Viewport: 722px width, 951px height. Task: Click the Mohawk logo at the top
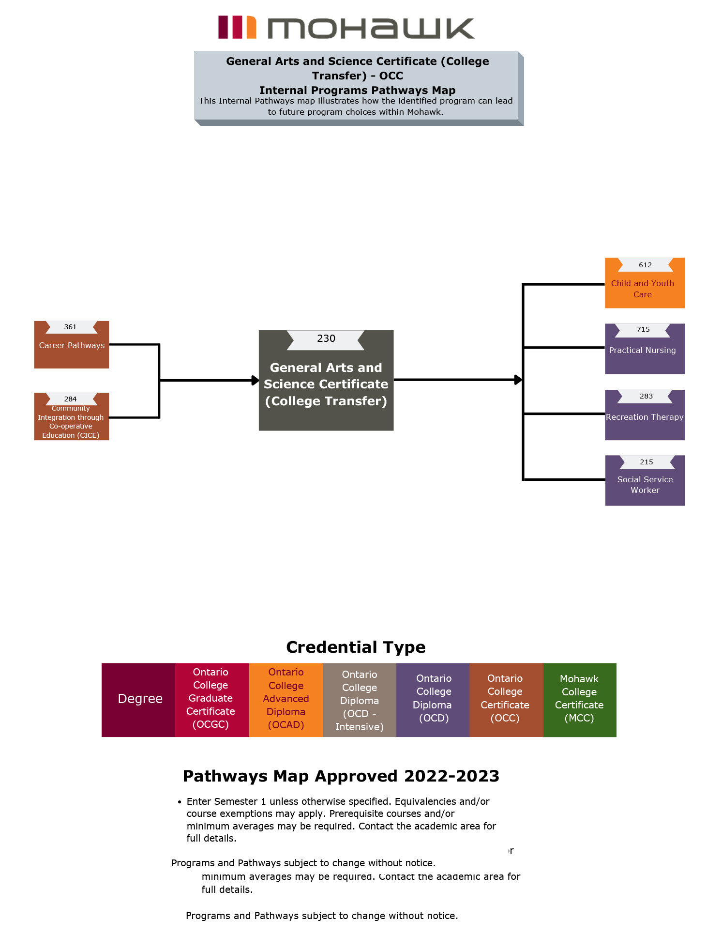(346, 27)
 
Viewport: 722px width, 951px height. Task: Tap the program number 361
(71, 327)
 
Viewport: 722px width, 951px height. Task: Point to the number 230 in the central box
(326, 339)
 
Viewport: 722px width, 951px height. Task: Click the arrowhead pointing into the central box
(255, 381)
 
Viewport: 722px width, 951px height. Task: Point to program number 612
(645, 265)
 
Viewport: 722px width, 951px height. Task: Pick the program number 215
(646, 462)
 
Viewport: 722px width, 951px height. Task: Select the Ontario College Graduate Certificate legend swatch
(211, 699)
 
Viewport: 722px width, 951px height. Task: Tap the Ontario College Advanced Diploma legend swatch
(286, 699)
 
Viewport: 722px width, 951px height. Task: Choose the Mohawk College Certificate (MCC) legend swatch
(579, 699)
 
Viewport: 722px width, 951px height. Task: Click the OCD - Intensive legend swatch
(359, 700)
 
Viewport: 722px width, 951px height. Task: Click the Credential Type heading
(356, 647)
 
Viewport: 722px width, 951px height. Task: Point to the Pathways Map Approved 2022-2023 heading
(341, 776)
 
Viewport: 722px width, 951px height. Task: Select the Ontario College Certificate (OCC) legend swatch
(505, 699)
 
